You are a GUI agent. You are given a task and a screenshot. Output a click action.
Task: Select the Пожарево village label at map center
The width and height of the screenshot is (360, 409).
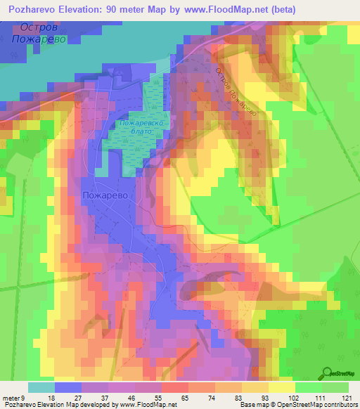coord(105,196)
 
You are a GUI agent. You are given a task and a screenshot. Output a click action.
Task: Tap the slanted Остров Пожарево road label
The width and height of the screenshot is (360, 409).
coord(237,92)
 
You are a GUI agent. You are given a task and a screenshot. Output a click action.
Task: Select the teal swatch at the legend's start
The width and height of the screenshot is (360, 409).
coord(41,387)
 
